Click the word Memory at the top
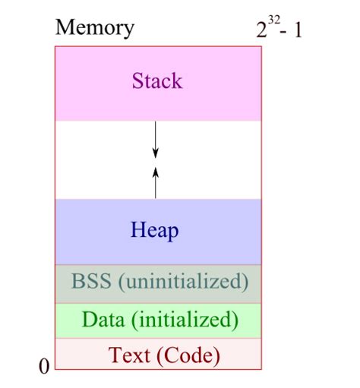95,28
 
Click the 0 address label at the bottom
43,367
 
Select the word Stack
157,80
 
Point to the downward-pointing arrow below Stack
156,140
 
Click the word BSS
91,282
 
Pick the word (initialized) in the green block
185,320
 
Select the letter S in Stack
137,80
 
